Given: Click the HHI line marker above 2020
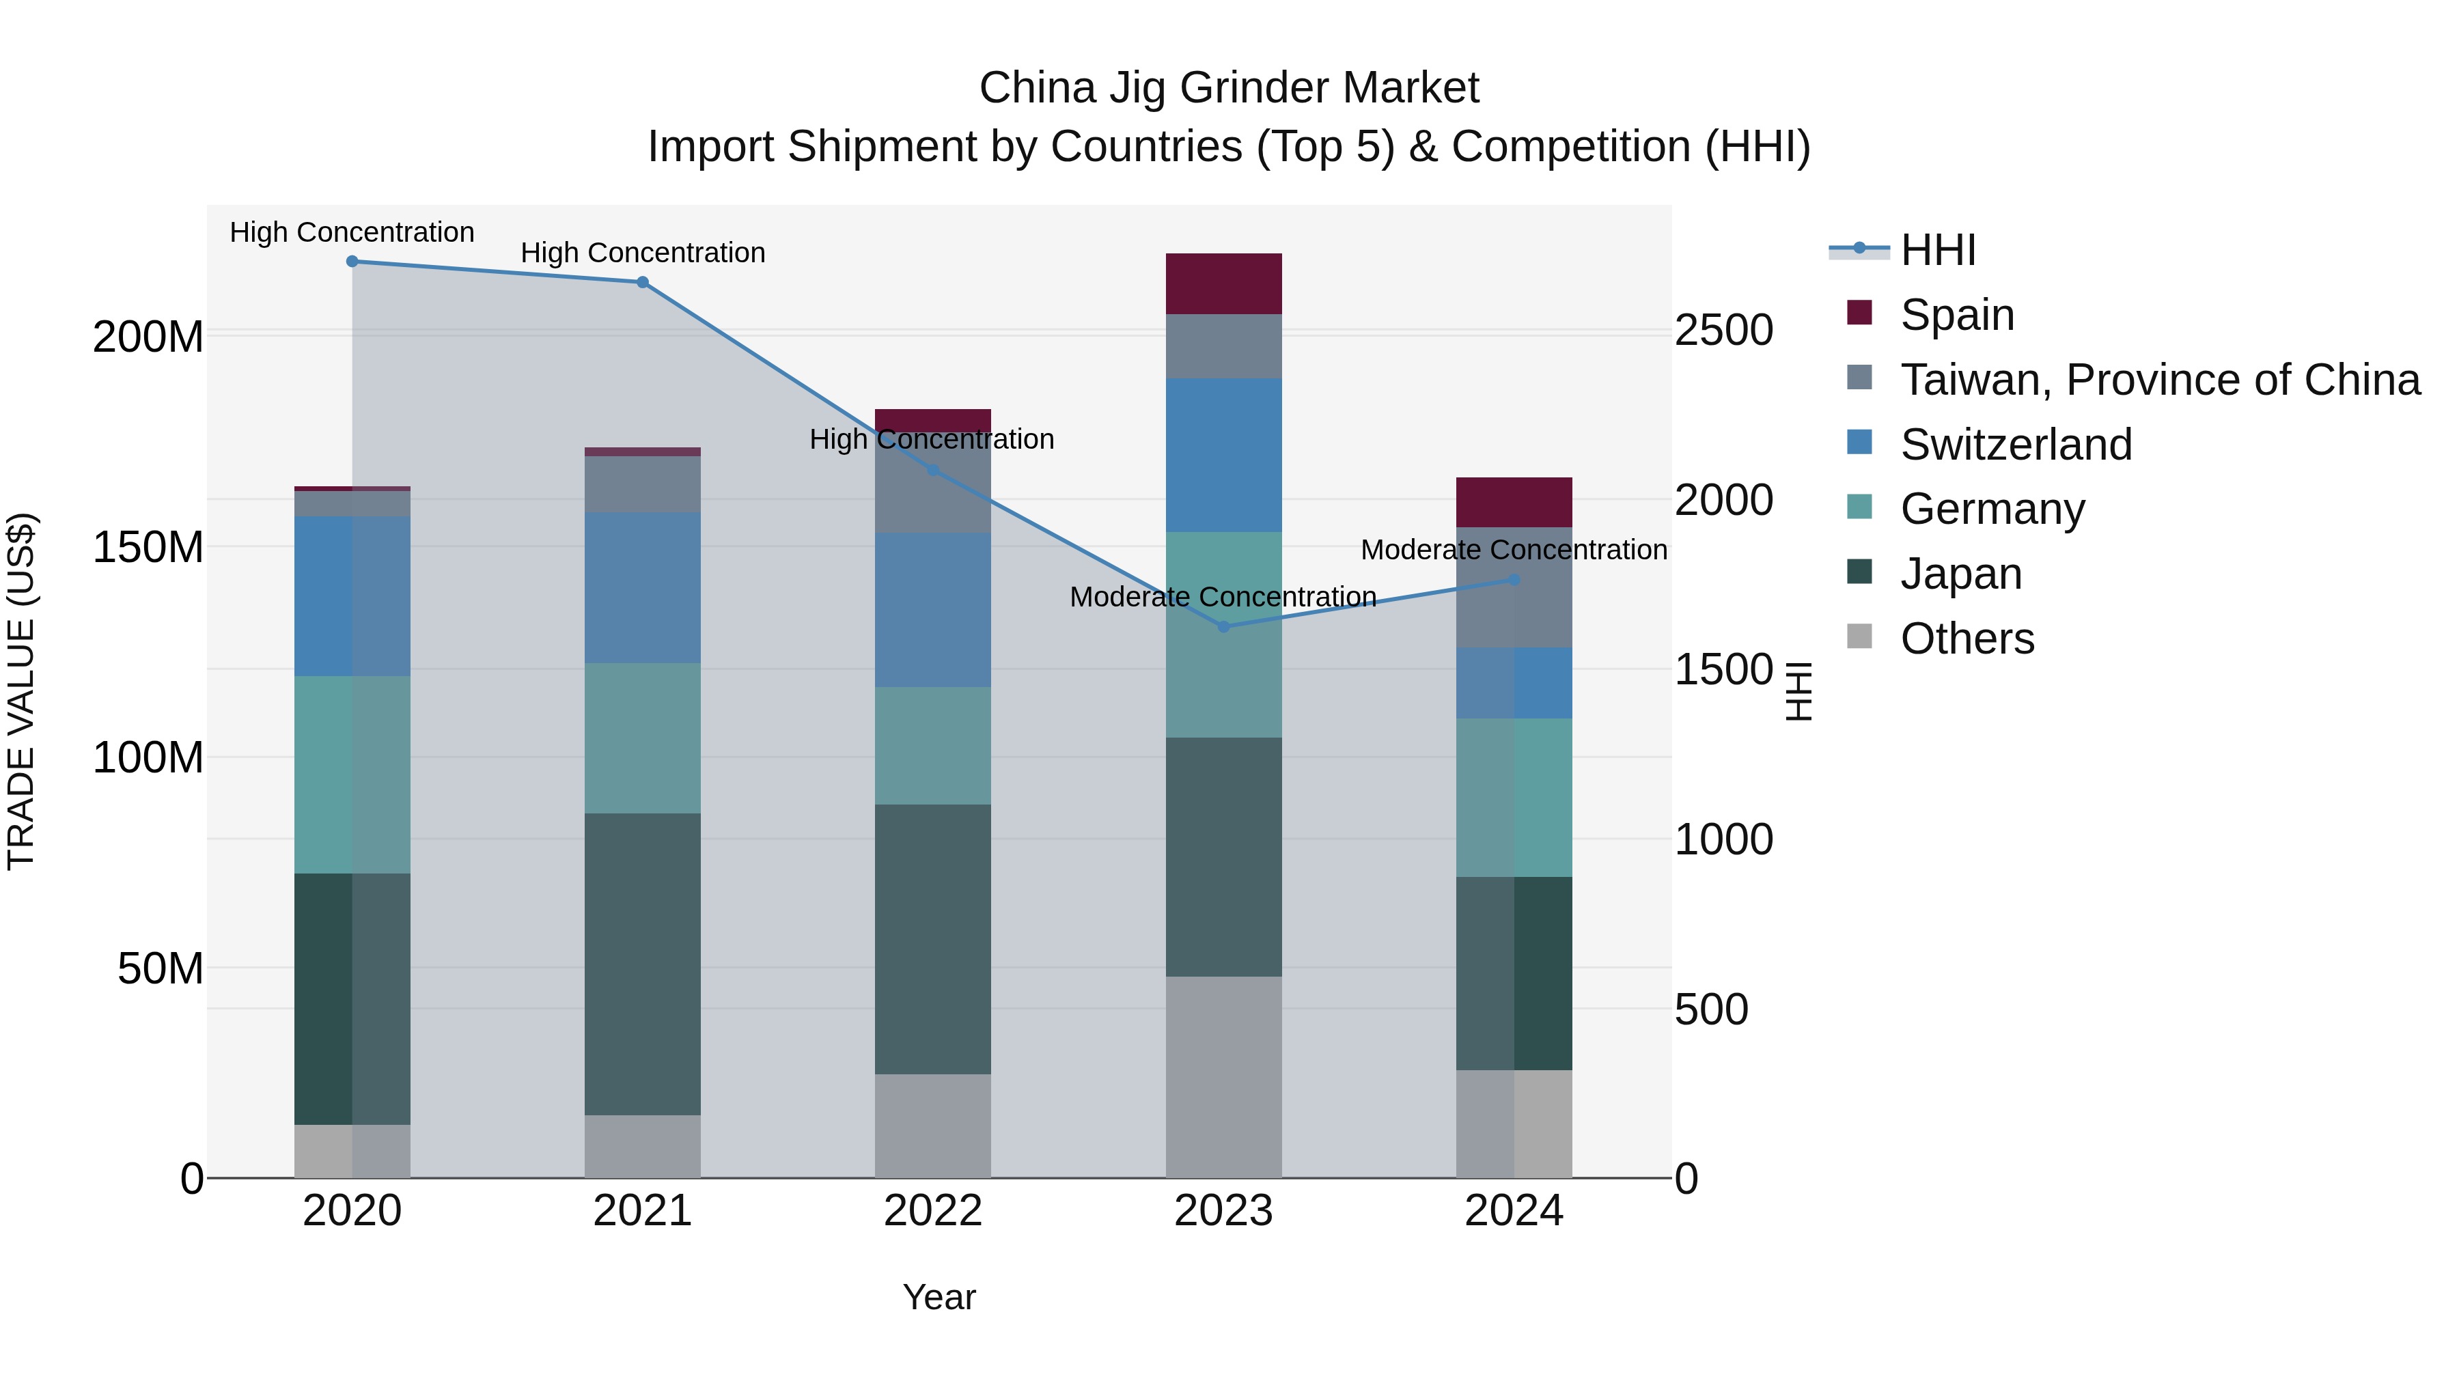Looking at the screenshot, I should tap(352, 262).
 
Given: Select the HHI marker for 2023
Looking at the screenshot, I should tap(1224, 627).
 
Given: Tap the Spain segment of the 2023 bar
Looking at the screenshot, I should tap(1224, 283).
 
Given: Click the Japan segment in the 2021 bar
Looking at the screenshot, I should tap(643, 964).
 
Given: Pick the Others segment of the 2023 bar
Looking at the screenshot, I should tap(1224, 1076).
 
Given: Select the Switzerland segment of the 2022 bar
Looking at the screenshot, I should tap(932, 610).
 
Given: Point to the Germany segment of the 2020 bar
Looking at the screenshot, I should tap(352, 775).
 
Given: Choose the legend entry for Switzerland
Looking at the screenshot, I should tap(2014, 445).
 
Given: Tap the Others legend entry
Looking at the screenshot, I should tap(1967, 639).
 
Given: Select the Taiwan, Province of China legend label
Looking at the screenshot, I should tap(2159, 380).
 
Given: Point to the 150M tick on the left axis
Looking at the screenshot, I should tap(148, 548).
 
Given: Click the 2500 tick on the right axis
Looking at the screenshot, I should tap(1724, 331).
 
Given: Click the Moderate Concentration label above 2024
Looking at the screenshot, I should tap(1514, 550).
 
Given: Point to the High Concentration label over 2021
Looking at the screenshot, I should tap(643, 253).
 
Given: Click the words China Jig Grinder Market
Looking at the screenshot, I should tap(1229, 89).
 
